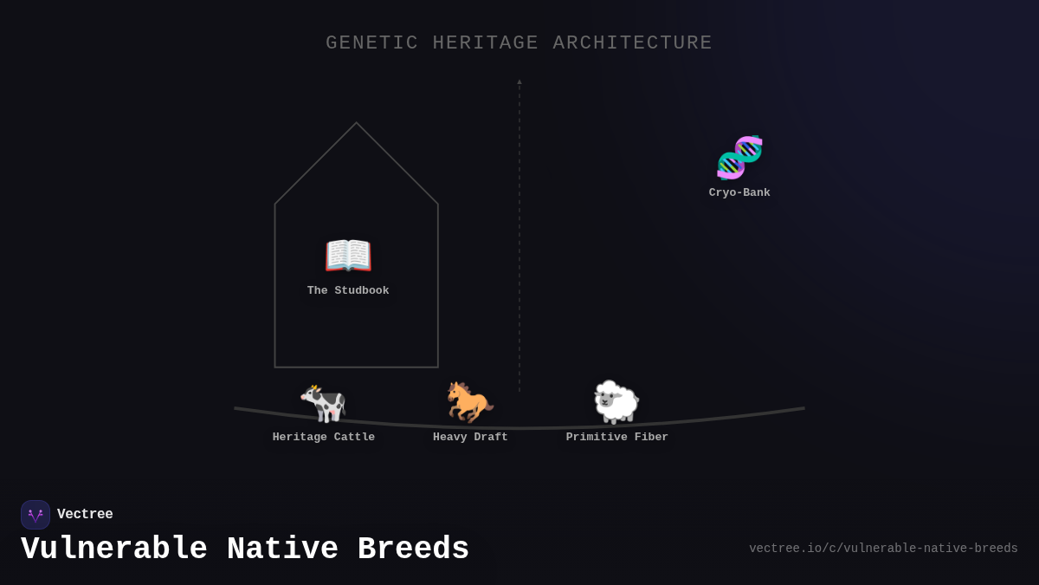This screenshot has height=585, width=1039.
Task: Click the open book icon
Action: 348,256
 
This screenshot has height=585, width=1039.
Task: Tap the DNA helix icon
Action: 739,157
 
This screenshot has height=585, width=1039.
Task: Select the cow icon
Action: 323,403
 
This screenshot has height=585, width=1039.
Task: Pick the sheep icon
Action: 616,402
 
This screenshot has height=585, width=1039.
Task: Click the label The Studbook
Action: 348,291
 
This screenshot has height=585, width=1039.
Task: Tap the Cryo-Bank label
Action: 739,193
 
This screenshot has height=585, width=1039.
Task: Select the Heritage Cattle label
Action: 324,438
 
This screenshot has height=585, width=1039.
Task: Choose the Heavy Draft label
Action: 470,438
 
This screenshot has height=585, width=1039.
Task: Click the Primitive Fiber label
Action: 617,438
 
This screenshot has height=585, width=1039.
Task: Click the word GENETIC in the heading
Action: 372,43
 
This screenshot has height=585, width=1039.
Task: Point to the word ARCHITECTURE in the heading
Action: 632,43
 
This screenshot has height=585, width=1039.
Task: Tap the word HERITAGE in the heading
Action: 486,43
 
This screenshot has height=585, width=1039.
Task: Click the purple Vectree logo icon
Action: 35,515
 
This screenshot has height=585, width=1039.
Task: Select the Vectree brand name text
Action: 85,515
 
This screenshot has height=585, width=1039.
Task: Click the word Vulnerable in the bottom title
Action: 114,549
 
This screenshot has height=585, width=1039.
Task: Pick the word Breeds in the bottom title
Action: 413,549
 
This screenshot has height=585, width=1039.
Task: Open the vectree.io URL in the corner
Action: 883,549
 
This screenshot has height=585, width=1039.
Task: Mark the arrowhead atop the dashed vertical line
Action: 519,81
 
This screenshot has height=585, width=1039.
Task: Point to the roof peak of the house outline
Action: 356,123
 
